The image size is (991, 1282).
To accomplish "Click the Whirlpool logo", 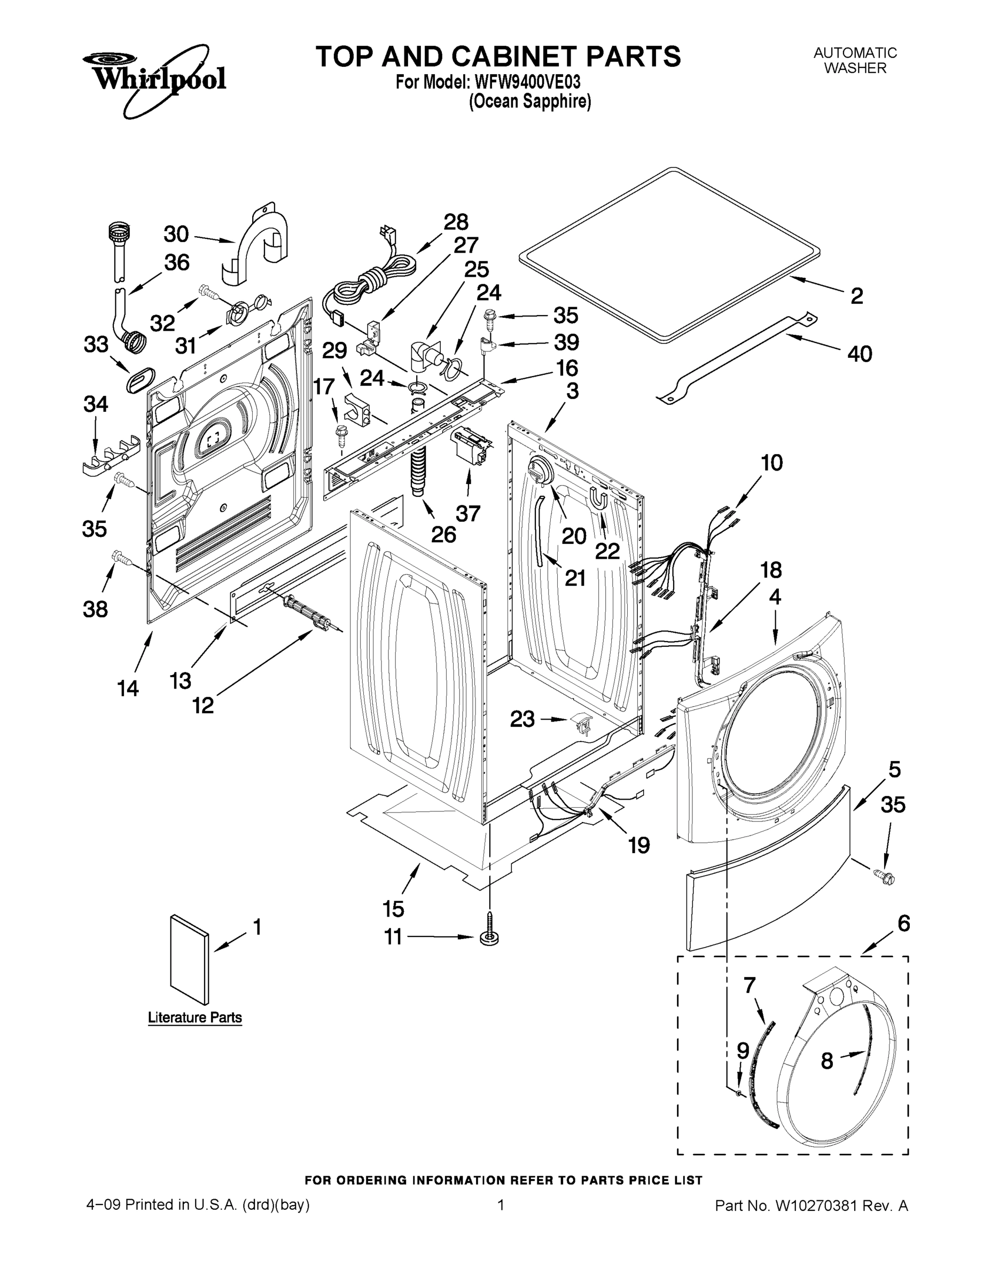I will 154,78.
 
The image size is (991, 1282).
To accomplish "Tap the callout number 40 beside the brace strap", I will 860,354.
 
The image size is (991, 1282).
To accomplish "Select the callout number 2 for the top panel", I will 856,296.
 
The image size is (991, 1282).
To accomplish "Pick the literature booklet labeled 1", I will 189,959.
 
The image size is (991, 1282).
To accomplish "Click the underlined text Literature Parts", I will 195,1017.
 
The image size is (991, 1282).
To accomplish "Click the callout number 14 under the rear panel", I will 128,687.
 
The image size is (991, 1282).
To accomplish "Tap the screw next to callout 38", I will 121,557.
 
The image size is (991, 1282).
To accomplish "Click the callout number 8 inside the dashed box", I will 826,1061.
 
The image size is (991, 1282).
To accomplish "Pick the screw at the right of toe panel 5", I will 884,878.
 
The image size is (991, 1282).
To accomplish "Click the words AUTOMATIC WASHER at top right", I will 855,60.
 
